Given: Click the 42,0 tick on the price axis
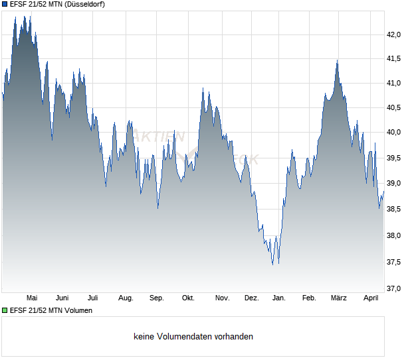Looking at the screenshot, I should click(395, 34).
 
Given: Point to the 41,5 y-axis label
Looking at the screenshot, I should click(395, 59).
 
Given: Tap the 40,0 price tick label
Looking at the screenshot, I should click(395, 132).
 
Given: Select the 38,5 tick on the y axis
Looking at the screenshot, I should click(395, 209).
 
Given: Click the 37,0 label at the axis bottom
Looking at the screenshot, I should click(395, 288).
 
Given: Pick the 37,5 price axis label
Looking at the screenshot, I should click(395, 263).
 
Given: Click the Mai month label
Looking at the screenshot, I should click(31, 298).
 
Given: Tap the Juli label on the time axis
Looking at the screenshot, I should click(93, 298).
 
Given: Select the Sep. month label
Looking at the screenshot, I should click(156, 298).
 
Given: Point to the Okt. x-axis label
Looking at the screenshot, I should click(188, 298).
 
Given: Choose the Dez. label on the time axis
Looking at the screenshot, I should click(251, 298).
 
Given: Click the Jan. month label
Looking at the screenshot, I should click(278, 298).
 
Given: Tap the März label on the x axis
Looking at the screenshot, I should click(339, 298).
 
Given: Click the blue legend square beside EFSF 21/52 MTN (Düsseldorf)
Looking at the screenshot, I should click(5, 4).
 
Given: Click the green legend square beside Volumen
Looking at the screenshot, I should click(5, 310).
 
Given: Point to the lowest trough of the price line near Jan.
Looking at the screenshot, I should click(272, 265).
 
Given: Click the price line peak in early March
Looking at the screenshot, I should click(337, 61).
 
